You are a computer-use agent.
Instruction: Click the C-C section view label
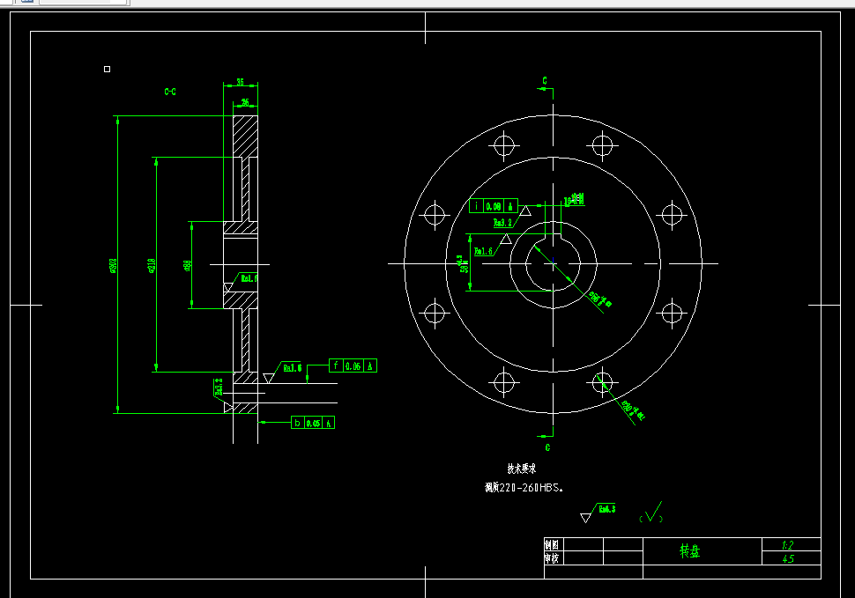(170, 91)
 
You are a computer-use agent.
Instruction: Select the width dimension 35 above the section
(240, 83)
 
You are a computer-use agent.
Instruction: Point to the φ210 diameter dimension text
(152, 265)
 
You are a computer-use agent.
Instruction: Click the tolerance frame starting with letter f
(353, 365)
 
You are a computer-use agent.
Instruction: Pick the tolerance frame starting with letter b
(314, 424)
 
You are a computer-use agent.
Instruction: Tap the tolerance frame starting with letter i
(493, 205)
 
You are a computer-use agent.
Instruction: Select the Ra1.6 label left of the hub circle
(484, 251)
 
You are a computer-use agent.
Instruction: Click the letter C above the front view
(545, 81)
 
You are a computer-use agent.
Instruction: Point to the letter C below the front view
(547, 447)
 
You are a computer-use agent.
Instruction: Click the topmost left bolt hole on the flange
(504, 144)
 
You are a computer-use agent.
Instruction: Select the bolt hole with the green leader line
(602, 381)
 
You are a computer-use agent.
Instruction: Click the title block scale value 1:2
(788, 545)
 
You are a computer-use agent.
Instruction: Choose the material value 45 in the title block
(788, 558)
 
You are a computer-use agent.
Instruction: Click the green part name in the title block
(689, 551)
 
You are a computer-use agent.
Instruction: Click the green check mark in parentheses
(652, 514)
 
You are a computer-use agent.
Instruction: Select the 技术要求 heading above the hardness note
(521, 469)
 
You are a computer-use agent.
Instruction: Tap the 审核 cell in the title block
(552, 558)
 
